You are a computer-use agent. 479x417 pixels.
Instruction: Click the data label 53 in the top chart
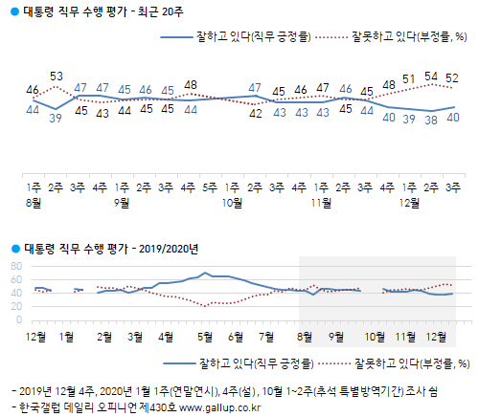[57, 77]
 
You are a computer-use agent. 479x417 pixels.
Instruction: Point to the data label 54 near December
[431, 76]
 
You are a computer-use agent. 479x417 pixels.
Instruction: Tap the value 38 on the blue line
[431, 121]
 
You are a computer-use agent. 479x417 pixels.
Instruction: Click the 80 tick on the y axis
[15, 266]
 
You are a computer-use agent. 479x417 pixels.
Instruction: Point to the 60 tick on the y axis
[15, 279]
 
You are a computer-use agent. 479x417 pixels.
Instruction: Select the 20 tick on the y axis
[15, 306]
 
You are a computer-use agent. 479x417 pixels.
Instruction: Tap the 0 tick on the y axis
[18, 319]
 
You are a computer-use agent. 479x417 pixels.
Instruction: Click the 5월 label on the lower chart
[203, 337]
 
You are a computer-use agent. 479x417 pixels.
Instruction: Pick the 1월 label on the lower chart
[69, 337]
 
